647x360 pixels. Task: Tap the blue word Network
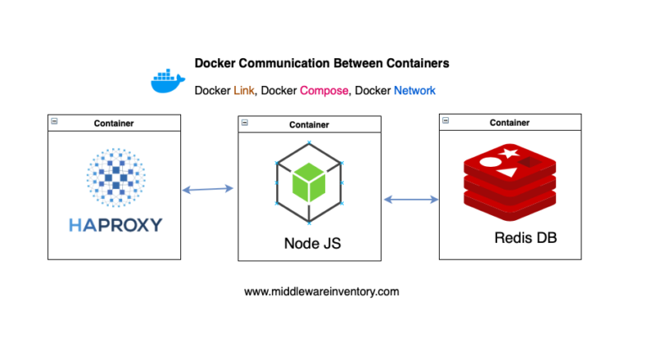tap(414, 90)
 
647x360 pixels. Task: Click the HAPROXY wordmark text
tap(115, 225)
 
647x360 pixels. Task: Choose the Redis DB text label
tap(525, 239)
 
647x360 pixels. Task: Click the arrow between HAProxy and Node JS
tap(208, 190)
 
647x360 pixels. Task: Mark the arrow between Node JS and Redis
tap(411, 200)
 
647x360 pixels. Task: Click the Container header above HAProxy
tap(115, 123)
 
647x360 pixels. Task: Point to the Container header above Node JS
tap(309, 125)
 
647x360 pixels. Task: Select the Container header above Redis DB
tap(510, 123)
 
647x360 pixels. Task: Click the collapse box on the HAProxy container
tap(54, 122)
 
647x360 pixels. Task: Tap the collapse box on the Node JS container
tap(245, 123)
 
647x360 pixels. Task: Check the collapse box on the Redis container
tap(445, 122)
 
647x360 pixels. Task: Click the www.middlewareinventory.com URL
tap(322, 292)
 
